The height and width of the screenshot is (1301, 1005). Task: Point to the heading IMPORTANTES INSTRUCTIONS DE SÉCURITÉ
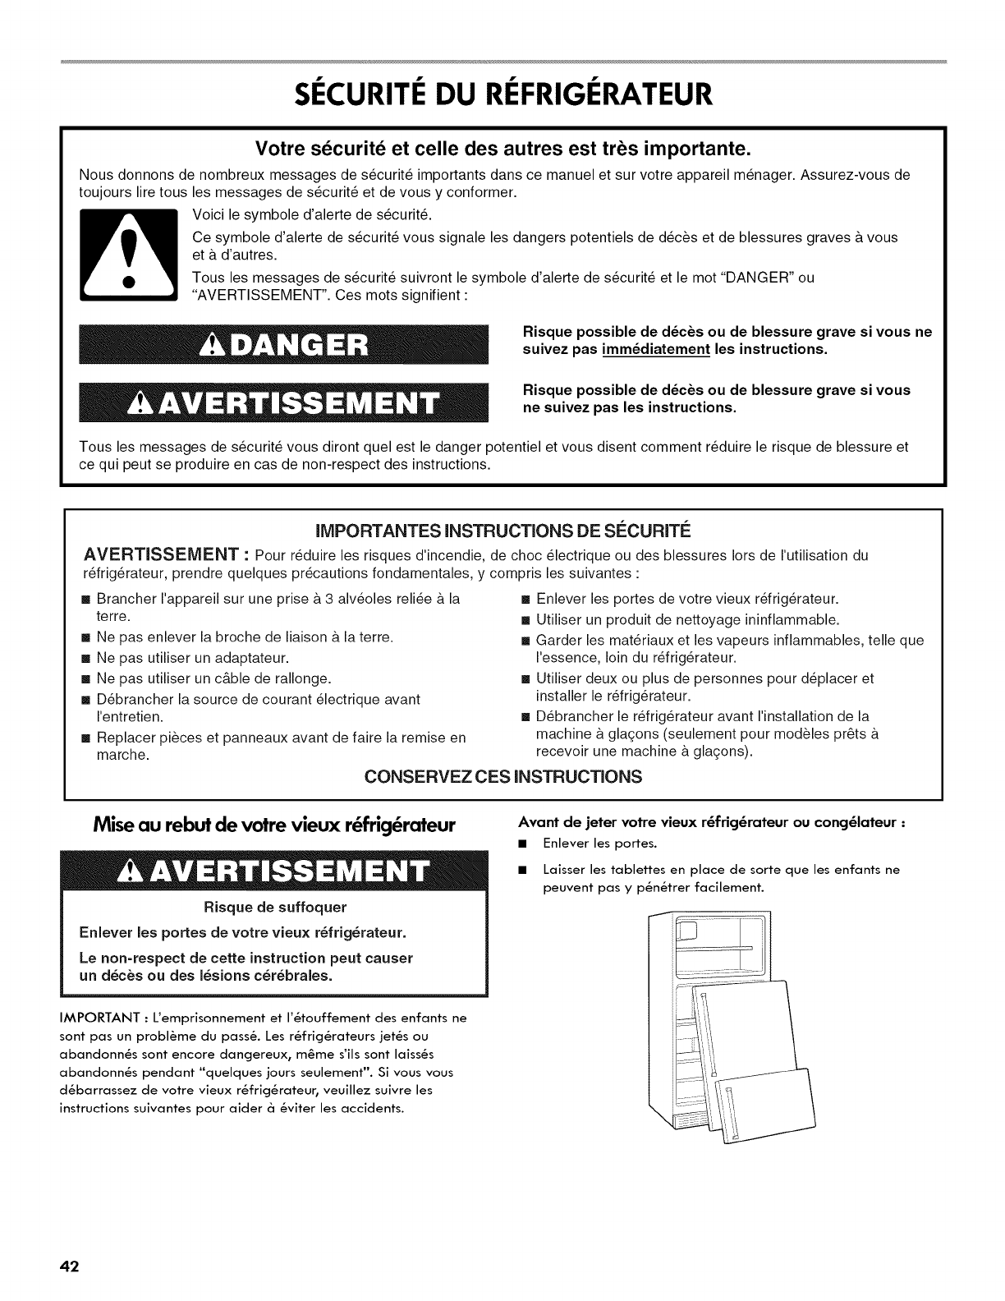pyautogui.click(x=502, y=527)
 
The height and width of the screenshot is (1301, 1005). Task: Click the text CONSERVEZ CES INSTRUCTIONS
pyautogui.click(x=502, y=776)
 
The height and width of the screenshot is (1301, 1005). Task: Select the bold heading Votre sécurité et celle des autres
pyautogui.click(x=502, y=149)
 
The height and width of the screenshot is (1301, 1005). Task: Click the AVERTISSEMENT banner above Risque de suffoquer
pyautogui.click(x=283, y=871)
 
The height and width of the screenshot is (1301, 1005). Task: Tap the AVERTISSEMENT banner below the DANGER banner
pyautogui.click(x=283, y=402)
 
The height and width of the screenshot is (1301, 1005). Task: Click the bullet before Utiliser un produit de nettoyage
pyautogui.click(x=526, y=619)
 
